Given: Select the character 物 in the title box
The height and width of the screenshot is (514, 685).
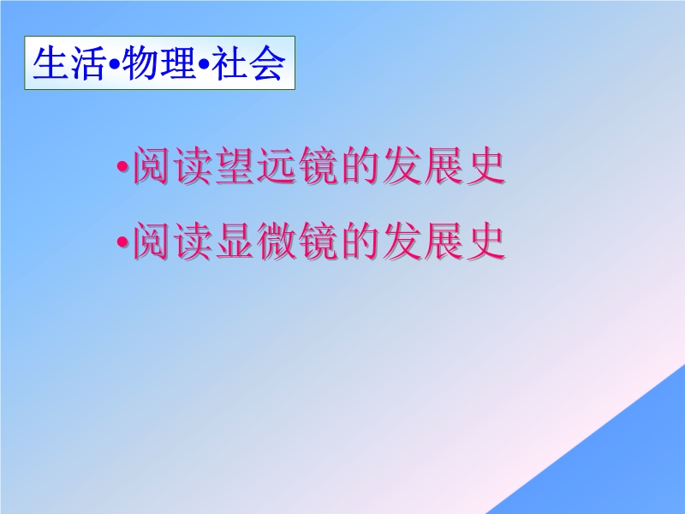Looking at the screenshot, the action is [x=140, y=63].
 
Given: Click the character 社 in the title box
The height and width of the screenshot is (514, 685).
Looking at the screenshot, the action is [x=230, y=63].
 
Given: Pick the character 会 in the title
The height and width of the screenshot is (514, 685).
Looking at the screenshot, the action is [x=267, y=63].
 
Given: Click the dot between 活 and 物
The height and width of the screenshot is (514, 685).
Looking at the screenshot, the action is [x=115, y=64].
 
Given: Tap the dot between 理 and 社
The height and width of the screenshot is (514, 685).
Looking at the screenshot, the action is [x=204, y=64].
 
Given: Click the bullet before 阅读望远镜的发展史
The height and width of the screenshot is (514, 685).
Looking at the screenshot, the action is [x=123, y=166].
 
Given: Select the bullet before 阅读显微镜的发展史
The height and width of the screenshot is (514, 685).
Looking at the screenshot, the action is [x=123, y=242].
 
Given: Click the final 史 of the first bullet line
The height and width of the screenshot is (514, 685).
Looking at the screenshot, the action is [x=486, y=166].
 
